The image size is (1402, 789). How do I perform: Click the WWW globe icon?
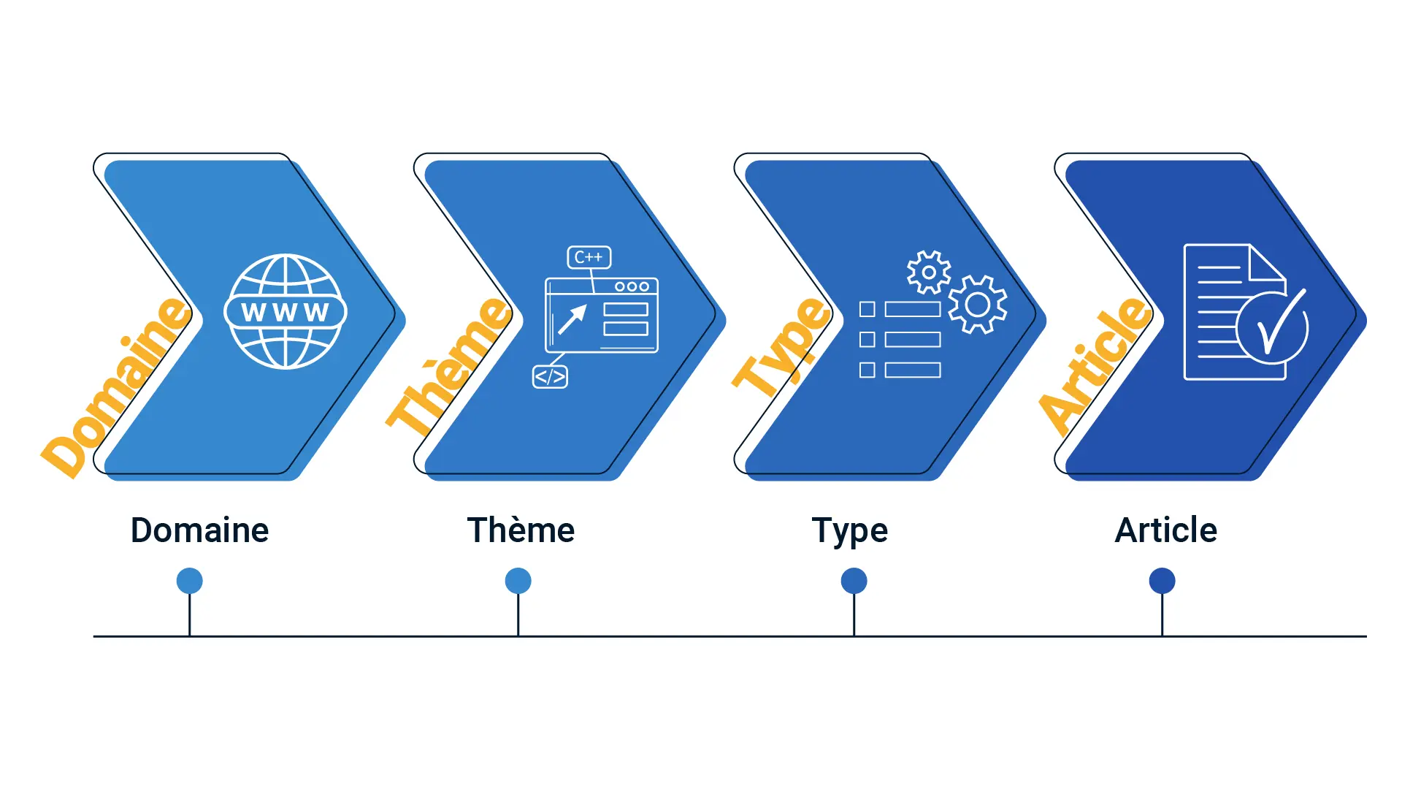pyautogui.click(x=286, y=312)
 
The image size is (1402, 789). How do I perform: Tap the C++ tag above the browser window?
pyautogui.click(x=589, y=257)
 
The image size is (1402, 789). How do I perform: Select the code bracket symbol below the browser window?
pyautogui.click(x=550, y=377)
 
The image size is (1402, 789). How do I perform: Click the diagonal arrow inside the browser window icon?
pyautogui.click(x=572, y=319)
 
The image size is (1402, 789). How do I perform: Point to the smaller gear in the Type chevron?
pyautogui.click(x=929, y=272)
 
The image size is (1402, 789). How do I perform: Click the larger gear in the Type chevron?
pyautogui.click(x=978, y=305)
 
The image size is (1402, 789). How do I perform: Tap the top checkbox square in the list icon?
pyautogui.click(x=867, y=309)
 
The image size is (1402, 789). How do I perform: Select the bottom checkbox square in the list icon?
pyautogui.click(x=867, y=370)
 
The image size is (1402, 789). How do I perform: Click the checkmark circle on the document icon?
pyautogui.click(x=1272, y=328)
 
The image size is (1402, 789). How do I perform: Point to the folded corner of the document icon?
pyautogui.click(x=1268, y=263)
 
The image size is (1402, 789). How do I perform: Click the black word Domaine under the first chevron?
pyautogui.click(x=199, y=530)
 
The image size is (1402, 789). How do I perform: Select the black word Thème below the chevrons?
pyautogui.click(x=521, y=530)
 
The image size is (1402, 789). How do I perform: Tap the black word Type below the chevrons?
pyautogui.click(x=850, y=531)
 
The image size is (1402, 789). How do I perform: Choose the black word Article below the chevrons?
pyautogui.click(x=1165, y=530)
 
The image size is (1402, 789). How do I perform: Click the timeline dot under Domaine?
pyautogui.click(x=190, y=581)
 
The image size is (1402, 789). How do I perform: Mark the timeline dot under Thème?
pyautogui.click(x=518, y=581)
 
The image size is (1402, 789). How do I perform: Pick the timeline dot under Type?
pyautogui.click(x=854, y=581)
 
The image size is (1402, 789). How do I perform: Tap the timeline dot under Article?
pyautogui.click(x=1162, y=581)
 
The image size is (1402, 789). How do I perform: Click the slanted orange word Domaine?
pyautogui.click(x=115, y=387)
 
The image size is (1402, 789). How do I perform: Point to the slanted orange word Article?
pyautogui.click(x=1095, y=365)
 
